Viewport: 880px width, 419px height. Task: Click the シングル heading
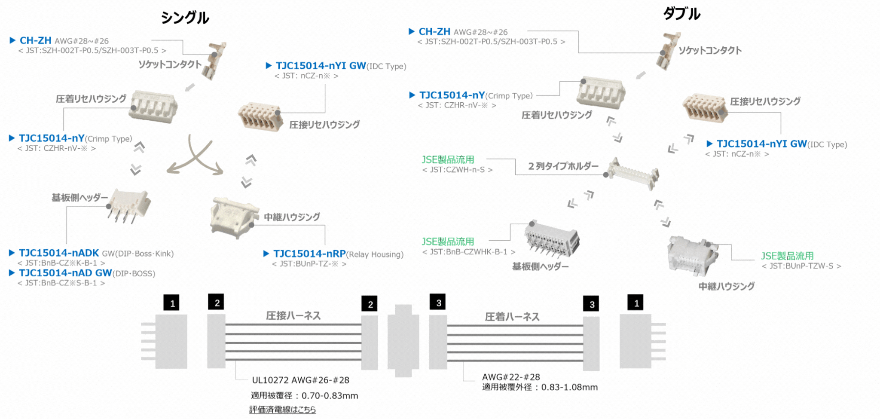(185, 18)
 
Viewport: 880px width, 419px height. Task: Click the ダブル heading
(681, 14)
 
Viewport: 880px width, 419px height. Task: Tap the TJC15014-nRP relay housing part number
(309, 254)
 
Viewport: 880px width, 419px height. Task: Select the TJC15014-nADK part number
(59, 253)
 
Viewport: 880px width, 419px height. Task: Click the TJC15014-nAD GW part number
(65, 273)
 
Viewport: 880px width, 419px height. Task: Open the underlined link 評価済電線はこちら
(282, 410)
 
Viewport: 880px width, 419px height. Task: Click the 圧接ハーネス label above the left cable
(293, 316)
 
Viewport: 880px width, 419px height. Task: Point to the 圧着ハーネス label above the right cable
(512, 317)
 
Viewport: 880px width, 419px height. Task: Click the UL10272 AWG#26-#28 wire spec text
(300, 380)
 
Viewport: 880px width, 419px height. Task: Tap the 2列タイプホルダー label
(563, 166)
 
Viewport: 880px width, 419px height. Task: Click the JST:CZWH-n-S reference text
(457, 170)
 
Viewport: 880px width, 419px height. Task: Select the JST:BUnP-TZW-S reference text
(801, 266)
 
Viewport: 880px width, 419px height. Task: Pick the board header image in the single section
(129, 205)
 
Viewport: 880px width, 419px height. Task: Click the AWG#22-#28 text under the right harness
(511, 377)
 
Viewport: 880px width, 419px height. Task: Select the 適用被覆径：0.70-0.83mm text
(304, 396)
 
